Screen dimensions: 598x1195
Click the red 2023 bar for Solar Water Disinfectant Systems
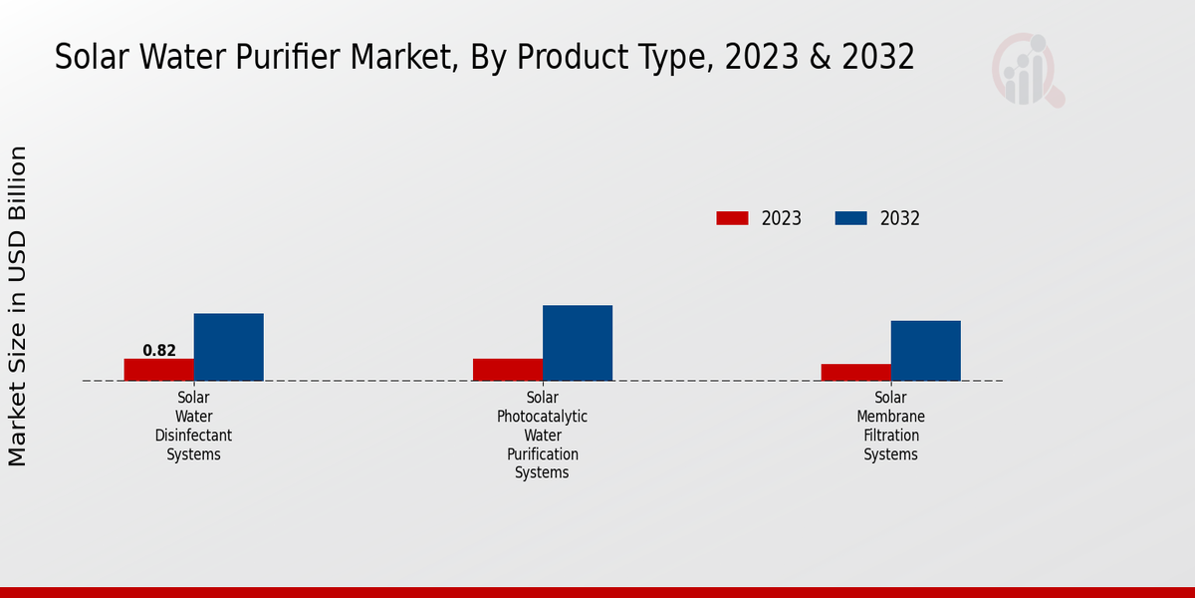tap(158, 370)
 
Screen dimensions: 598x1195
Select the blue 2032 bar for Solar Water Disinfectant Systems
tap(228, 347)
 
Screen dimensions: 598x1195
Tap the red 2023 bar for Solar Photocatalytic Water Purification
tap(507, 370)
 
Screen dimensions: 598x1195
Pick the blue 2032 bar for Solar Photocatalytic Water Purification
tap(577, 343)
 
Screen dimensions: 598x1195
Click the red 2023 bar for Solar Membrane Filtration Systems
tap(855, 372)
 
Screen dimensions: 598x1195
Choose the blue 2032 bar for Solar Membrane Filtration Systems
tap(925, 351)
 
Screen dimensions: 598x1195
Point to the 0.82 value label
tap(159, 351)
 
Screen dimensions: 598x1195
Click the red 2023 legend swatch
tap(732, 218)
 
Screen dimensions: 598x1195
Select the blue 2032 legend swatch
tap(850, 218)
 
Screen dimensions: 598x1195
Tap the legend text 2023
tap(781, 219)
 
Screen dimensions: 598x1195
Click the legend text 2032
tap(899, 219)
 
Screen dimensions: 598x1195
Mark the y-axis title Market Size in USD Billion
tap(18, 306)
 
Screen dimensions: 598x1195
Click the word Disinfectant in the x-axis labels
tap(193, 436)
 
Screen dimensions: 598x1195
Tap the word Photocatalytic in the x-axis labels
tap(542, 417)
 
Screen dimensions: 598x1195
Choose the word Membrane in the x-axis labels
tap(890, 417)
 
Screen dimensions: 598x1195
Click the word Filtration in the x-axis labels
tap(890, 436)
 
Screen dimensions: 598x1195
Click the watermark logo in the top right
tap(1028, 70)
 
